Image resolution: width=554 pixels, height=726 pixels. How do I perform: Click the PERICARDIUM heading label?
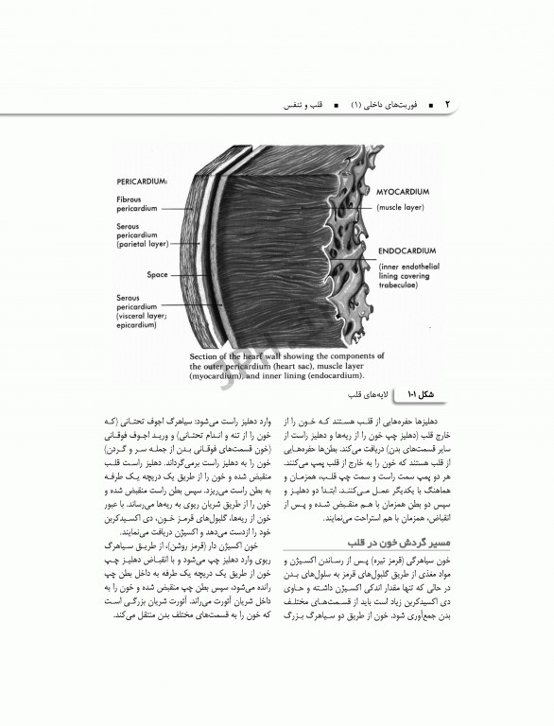142,178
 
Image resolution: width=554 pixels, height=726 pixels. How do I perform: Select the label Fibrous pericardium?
136,204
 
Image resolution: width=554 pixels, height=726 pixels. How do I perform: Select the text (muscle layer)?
403,206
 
